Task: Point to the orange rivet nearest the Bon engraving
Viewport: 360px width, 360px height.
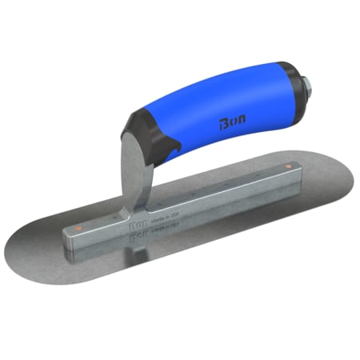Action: click(78, 229)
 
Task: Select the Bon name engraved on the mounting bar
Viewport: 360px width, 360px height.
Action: click(137, 227)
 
